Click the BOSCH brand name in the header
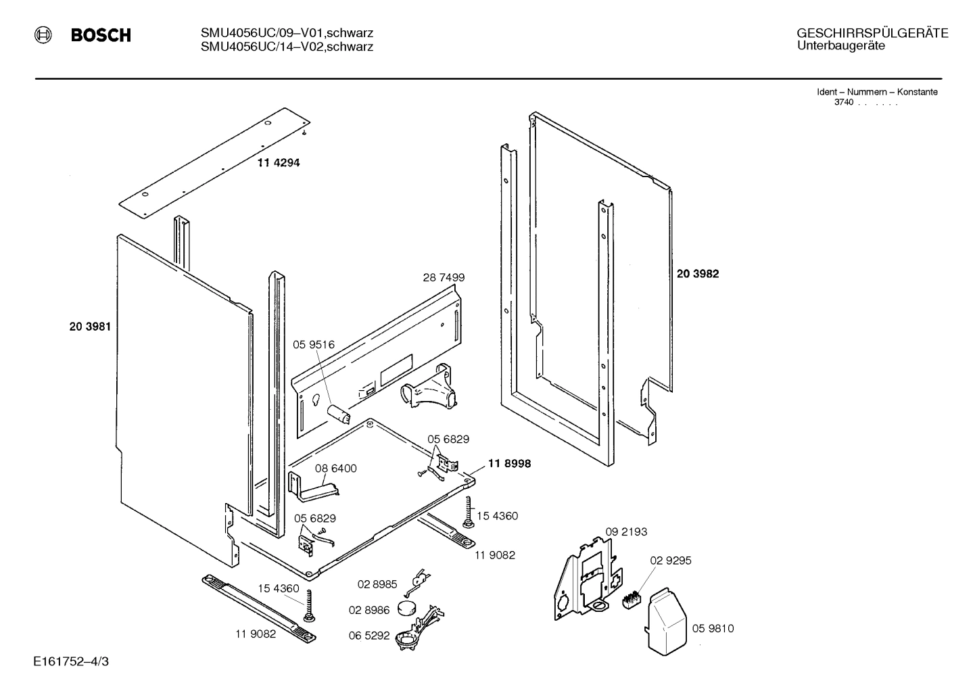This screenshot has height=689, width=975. [x=101, y=36]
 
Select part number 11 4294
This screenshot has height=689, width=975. [x=278, y=163]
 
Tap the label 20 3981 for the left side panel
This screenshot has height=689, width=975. [x=90, y=327]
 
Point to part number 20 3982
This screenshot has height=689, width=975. [x=698, y=274]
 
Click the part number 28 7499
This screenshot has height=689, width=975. [x=444, y=277]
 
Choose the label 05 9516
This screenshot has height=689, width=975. [x=314, y=345]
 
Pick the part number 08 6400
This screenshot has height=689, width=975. [x=336, y=469]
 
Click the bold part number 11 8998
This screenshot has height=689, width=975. [x=509, y=464]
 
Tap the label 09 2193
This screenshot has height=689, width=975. [x=625, y=532]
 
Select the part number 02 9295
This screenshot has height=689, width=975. [x=671, y=561]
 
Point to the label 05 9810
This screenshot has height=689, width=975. [x=713, y=629]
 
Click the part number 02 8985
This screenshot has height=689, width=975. [x=377, y=584]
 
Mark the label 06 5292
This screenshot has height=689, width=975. [x=369, y=636]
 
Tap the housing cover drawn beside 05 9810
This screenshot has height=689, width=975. [x=667, y=621]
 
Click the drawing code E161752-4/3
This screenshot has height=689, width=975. [x=70, y=661]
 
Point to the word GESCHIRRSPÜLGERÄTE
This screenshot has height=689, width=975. [x=872, y=34]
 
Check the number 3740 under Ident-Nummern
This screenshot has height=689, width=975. [x=843, y=102]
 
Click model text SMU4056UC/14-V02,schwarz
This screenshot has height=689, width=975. [x=287, y=47]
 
